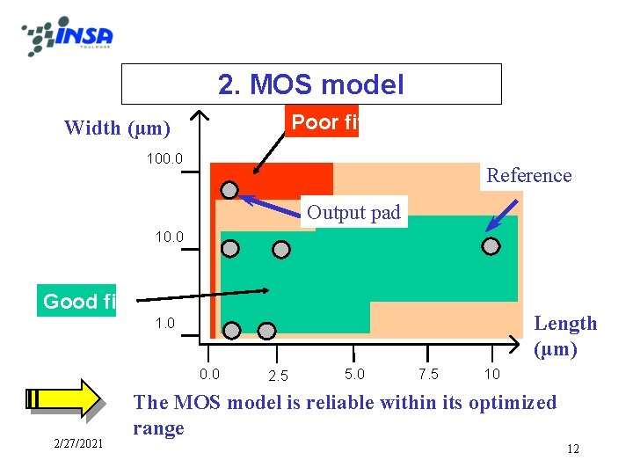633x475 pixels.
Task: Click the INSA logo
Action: tap(68, 36)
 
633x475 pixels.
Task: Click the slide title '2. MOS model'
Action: tap(311, 84)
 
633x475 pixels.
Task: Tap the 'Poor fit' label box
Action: tap(324, 122)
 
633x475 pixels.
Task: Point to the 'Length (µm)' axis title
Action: tap(565, 336)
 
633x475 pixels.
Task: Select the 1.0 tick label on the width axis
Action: tap(165, 323)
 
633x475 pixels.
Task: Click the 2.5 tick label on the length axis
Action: tap(278, 376)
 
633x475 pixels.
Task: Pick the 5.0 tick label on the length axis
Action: tap(355, 374)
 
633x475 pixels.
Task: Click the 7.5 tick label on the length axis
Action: tap(429, 374)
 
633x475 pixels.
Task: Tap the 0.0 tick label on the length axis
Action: tap(210, 374)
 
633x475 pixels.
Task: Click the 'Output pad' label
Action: tap(353, 212)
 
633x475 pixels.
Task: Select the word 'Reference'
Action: tap(529, 175)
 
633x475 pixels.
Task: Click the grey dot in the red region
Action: tap(229, 189)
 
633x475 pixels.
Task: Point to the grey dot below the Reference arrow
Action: tap(491, 246)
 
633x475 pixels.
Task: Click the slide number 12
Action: tap(572, 449)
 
